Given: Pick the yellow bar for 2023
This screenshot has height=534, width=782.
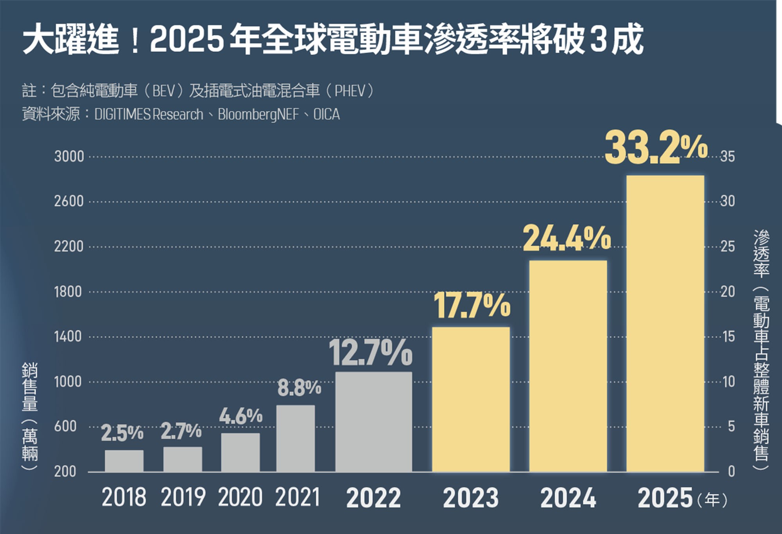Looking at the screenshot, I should click(471, 399).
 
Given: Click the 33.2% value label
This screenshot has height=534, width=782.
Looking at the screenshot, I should click(656, 149).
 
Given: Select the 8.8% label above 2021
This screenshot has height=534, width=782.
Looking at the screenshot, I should click(299, 388).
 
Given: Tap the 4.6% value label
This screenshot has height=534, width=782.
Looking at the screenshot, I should click(240, 416).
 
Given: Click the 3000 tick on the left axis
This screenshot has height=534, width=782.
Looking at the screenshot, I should click(69, 156).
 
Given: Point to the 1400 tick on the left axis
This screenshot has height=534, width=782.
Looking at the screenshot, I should click(68, 336).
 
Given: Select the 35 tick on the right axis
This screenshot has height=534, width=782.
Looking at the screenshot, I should click(727, 156).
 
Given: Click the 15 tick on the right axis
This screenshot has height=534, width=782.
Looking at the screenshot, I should click(728, 336).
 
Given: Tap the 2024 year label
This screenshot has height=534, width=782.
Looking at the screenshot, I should click(568, 498).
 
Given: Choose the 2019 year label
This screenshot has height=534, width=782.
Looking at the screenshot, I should click(183, 498).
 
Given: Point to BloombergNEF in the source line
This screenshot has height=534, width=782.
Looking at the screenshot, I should click(258, 115).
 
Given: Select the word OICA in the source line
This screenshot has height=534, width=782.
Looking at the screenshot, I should click(326, 115).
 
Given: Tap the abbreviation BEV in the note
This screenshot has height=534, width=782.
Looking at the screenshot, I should click(163, 91).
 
